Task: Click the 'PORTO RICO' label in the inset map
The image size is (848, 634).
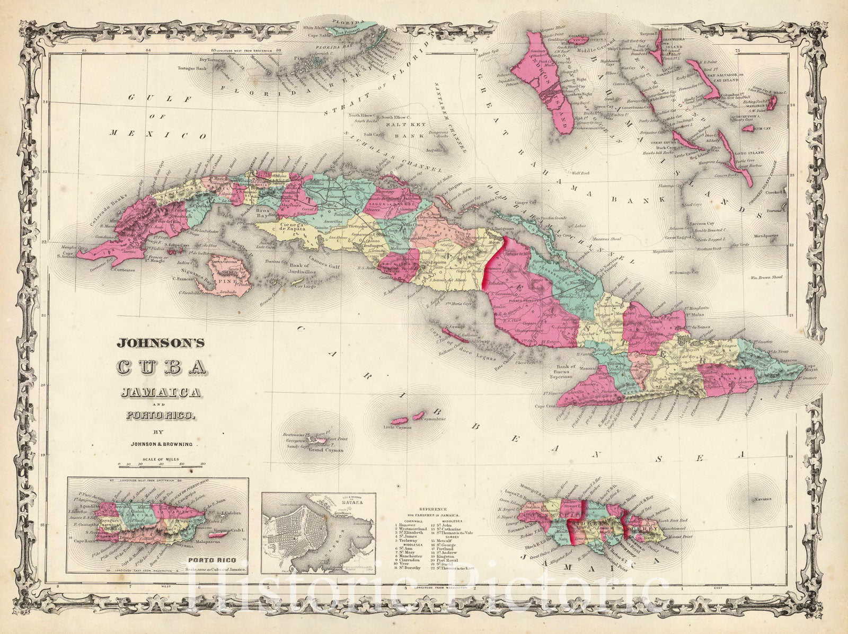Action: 206,558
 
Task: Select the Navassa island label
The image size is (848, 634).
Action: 762,499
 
